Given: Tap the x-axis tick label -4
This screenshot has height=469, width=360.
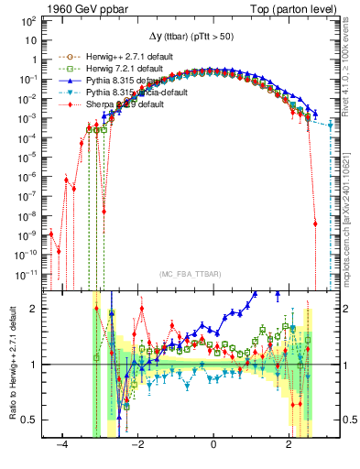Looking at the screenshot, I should (x=62, y=444).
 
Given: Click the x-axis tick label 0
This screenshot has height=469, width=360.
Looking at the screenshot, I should (x=213, y=444).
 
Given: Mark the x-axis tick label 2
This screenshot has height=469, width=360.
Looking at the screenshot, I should (x=289, y=444).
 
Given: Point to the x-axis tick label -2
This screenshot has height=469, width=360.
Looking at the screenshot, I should (x=137, y=444).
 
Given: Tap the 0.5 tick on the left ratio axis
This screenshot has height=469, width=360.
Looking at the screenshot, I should (x=29, y=420).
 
